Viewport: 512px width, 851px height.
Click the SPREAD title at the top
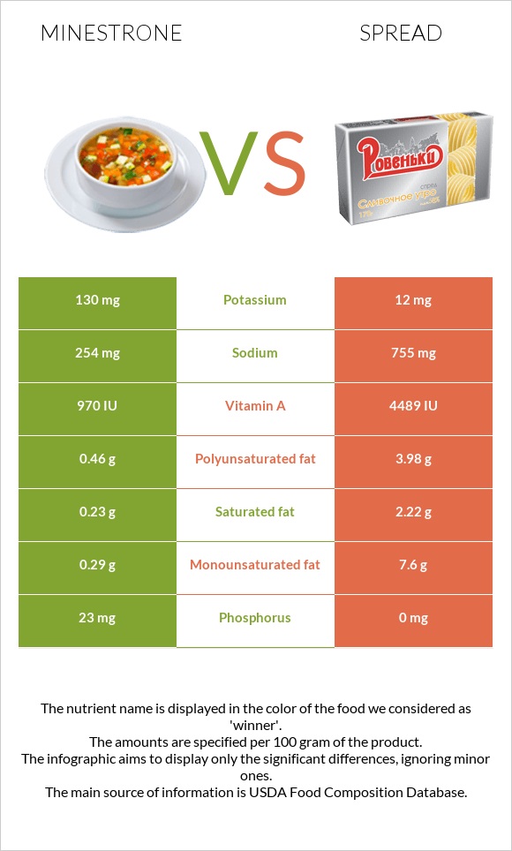(401, 34)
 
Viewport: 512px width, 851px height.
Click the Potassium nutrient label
(255, 300)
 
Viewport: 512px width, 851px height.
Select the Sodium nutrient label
(255, 353)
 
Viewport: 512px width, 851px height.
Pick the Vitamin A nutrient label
(255, 406)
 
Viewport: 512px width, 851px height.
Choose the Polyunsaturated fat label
(255, 459)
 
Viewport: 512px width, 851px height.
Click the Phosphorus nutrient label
(255, 618)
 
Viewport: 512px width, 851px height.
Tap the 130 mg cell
(97, 300)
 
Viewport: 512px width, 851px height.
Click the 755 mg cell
(414, 353)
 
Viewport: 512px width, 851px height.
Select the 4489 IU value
(414, 406)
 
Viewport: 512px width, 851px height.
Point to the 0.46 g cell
(97, 459)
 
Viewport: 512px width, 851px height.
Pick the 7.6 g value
(414, 565)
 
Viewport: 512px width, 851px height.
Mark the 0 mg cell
(414, 618)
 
